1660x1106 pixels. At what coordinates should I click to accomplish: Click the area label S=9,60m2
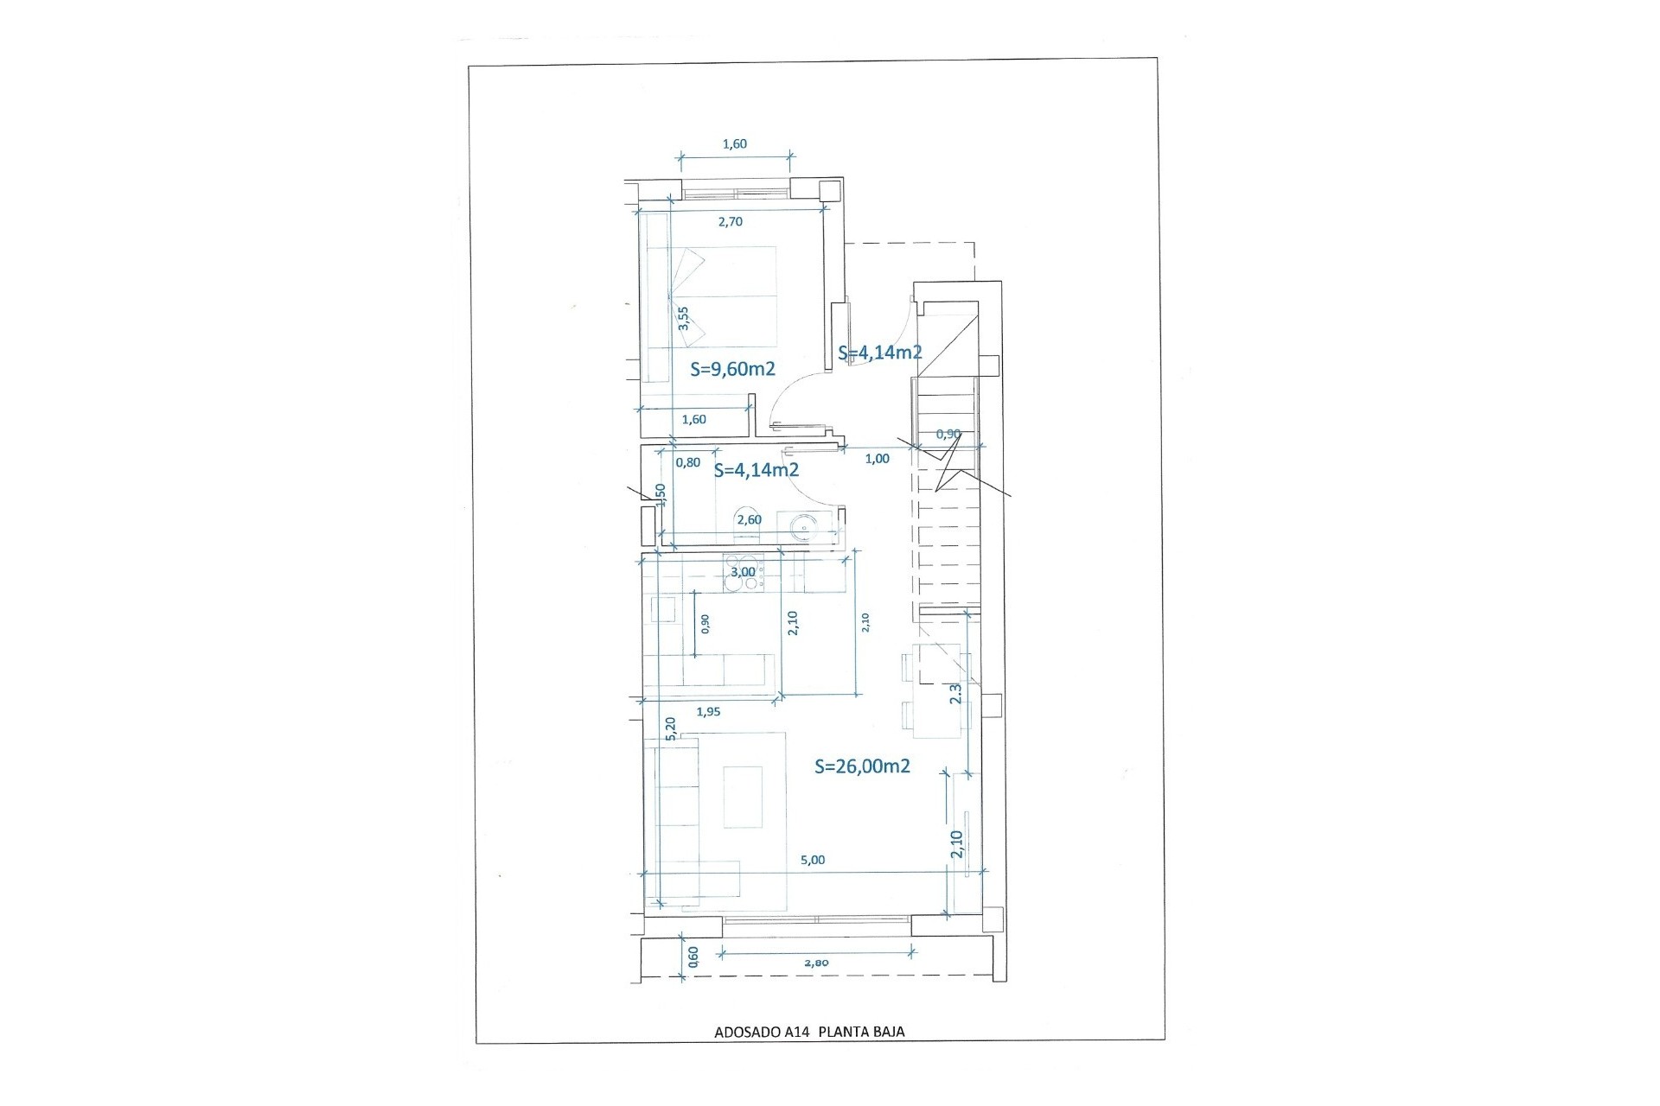click(x=732, y=369)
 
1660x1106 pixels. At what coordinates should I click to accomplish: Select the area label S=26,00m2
click(x=862, y=766)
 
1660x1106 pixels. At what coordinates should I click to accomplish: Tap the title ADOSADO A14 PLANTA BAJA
click(x=809, y=1031)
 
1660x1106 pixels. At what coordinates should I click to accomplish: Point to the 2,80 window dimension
click(x=816, y=963)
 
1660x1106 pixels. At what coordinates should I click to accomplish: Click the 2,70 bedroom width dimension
click(x=731, y=221)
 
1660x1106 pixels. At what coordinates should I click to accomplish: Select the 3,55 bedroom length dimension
click(x=683, y=318)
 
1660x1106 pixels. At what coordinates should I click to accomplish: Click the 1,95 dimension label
click(x=708, y=712)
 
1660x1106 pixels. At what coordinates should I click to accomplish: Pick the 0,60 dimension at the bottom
click(x=693, y=955)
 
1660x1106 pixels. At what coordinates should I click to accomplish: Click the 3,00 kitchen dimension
click(x=743, y=572)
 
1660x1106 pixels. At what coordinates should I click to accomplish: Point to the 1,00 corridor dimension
click(x=877, y=459)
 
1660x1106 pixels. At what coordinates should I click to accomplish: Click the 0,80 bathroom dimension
click(x=688, y=462)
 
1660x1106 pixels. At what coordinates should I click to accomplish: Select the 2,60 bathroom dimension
click(x=749, y=519)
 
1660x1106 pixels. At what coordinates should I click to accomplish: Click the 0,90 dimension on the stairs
click(x=948, y=434)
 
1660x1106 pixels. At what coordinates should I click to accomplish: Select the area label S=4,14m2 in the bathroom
click(x=756, y=471)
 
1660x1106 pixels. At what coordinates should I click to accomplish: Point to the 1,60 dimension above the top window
click(x=734, y=144)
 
